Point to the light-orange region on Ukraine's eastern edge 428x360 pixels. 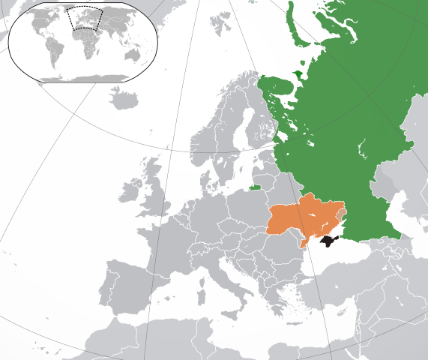(x=342, y=216)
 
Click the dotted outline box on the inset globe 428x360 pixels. (x=82, y=17)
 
